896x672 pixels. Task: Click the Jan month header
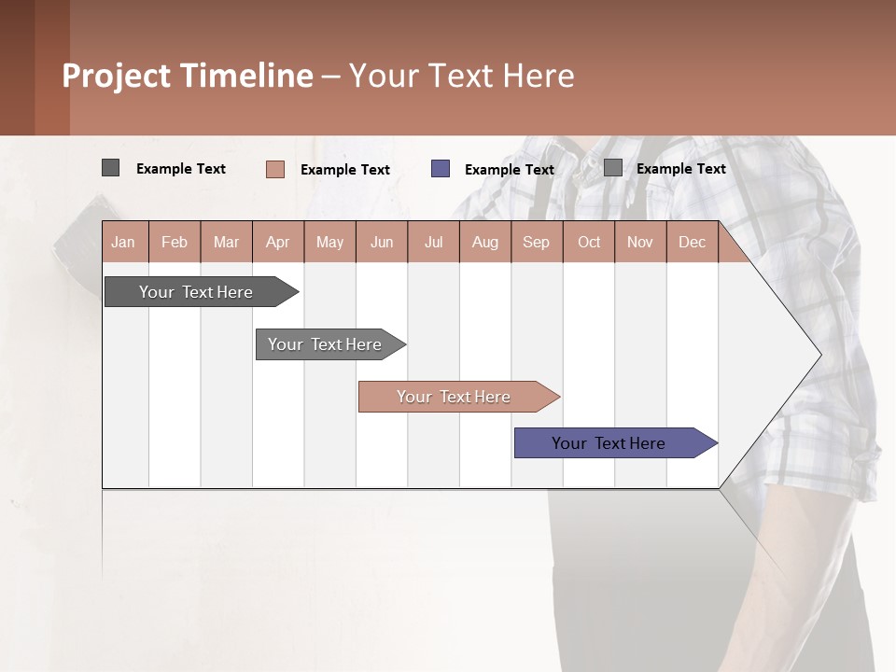(124, 242)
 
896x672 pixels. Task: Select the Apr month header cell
(278, 242)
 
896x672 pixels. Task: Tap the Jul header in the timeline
(433, 242)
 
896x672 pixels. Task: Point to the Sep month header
(537, 242)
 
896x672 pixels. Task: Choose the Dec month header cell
(692, 242)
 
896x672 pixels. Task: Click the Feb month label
(175, 242)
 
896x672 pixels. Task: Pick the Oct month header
(589, 242)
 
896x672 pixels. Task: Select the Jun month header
(382, 242)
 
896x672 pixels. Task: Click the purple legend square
(441, 169)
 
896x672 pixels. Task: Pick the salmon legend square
(275, 169)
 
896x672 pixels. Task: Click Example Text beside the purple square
(510, 170)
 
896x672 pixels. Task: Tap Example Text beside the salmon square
(345, 170)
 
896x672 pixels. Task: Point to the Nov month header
(640, 242)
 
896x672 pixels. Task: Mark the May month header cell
(329, 242)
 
